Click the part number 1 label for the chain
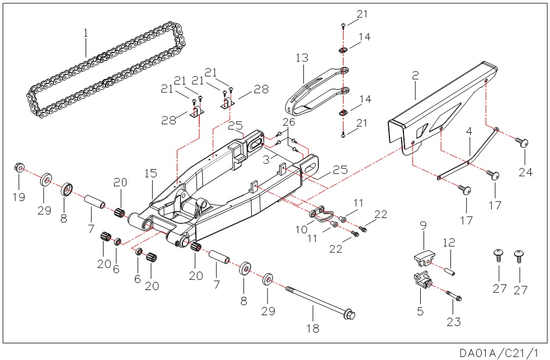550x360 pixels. pos(86,33)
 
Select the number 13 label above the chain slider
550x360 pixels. pos(302,58)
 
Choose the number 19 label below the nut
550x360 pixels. pos(18,197)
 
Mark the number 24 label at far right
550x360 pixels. pos(525,172)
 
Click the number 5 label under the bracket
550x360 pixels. pos(420,310)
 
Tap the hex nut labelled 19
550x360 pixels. pos(18,167)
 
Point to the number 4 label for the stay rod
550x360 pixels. pos(469,132)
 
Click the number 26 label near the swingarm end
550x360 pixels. pos(288,123)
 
